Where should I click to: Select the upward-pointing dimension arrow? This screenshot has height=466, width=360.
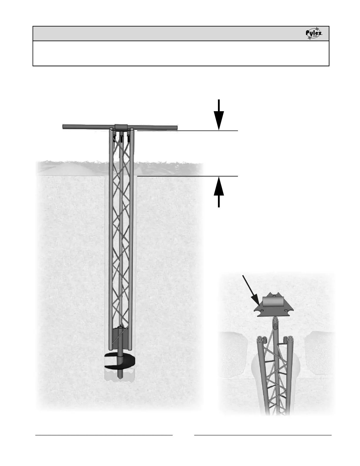(219, 191)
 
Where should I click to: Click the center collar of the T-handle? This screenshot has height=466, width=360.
(121, 127)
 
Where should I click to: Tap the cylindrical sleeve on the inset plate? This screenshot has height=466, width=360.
(272, 302)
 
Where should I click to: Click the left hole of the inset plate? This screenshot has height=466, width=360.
(263, 310)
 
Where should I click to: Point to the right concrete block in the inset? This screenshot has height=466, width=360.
(320, 352)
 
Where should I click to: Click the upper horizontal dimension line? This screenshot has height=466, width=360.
(188, 130)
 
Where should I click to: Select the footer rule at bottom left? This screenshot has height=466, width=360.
(104, 435)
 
